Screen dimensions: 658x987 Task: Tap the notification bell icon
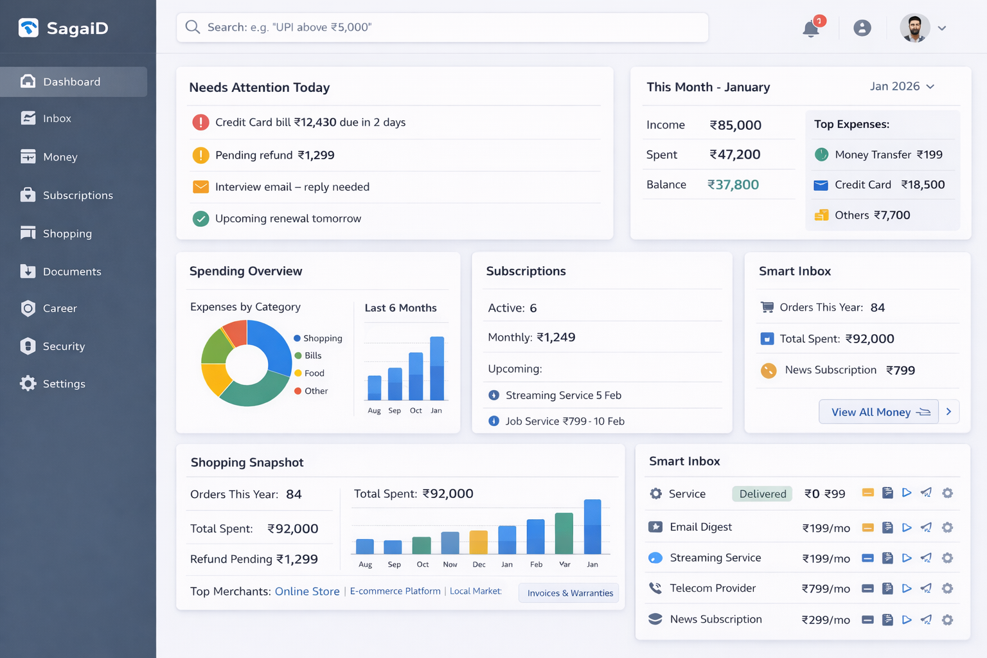click(x=811, y=29)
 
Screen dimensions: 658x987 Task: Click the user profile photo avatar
click(x=914, y=28)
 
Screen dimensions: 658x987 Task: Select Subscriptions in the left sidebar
click(x=77, y=195)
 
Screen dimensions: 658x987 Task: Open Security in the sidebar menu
click(x=63, y=346)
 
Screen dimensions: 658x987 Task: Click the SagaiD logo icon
click(x=28, y=28)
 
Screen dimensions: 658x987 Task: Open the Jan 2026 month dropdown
click(x=902, y=87)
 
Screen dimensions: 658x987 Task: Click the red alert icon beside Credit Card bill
click(x=200, y=122)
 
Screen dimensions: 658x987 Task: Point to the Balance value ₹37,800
click(x=733, y=185)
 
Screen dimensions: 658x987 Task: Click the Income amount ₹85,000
click(x=735, y=125)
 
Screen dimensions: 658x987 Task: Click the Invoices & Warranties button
click(x=569, y=593)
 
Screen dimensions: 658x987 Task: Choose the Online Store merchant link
click(x=307, y=592)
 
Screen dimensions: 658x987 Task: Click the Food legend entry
click(x=314, y=373)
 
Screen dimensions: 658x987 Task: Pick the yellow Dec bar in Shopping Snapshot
click(x=479, y=542)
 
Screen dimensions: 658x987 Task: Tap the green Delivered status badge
click(x=762, y=494)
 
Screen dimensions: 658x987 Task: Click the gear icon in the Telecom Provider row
click(x=947, y=589)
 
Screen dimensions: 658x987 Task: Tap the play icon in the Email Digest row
click(x=907, y=528)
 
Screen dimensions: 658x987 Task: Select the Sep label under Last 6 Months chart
click(x=395, y=411)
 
